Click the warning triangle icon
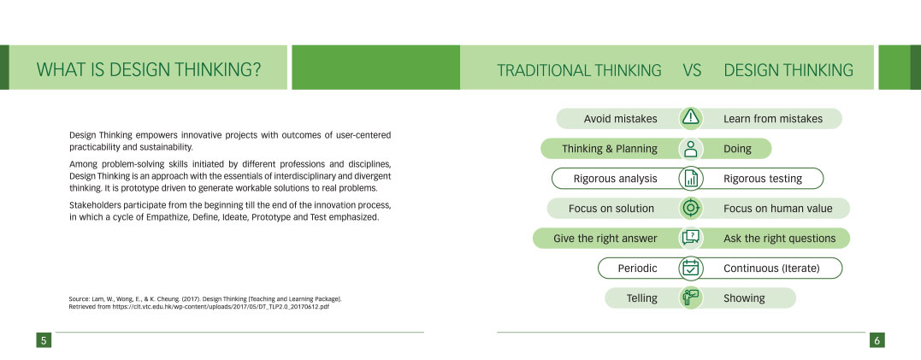[x=691, y=118]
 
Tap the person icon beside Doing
[x=691, y=149]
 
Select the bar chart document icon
[x=691, y=179]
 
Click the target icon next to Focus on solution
[x=691, y=208]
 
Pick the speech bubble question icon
[x=691, y=238]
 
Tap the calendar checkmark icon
[x=691, y=268]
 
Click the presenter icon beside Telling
[x=691, y=298]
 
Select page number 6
[x=877, y=340]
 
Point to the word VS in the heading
[x=693, y=70]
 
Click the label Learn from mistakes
[x=773, y=119]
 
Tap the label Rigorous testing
[x=763, y=179]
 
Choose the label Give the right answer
[x=605, y=239]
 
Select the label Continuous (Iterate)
[x=771, y=269]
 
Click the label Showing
[x=744, y=298]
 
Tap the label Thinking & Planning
[x=610, y=149]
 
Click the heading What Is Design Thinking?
[x=149, y=70]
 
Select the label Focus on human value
[x=777, y=209]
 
